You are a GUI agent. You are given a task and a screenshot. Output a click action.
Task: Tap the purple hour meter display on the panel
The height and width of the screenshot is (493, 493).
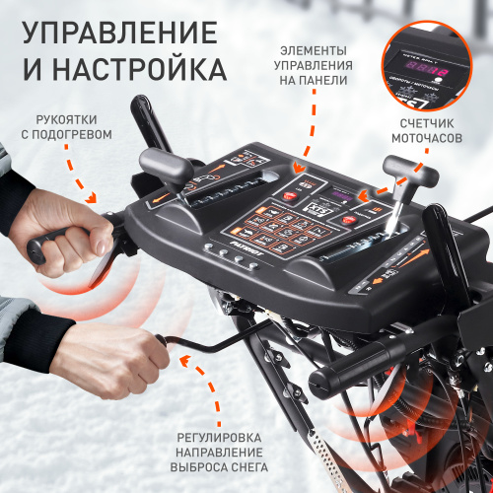[x=345, y=194]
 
